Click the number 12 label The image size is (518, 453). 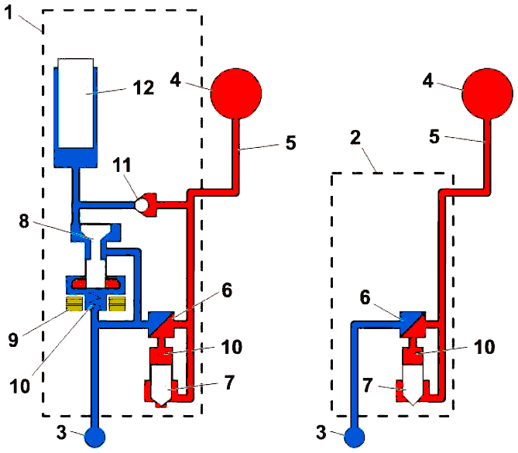144,88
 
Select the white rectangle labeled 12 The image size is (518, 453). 76,103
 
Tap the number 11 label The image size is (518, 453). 122,164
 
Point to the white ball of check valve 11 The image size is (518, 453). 142,205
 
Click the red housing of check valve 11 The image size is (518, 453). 151,205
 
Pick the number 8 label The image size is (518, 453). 24,221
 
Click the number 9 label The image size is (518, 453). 13,339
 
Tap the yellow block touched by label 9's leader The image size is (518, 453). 74,304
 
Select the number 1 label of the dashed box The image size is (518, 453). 9,12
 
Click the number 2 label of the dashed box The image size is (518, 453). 355,138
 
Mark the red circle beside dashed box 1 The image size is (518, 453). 236,94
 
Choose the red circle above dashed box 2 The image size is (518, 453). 488,94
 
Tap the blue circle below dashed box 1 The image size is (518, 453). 94,438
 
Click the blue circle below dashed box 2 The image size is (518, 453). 355,438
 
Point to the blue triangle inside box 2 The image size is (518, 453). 407,320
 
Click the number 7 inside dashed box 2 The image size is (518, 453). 368,386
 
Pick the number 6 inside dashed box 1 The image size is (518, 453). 227,290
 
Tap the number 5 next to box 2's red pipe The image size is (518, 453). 434,136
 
